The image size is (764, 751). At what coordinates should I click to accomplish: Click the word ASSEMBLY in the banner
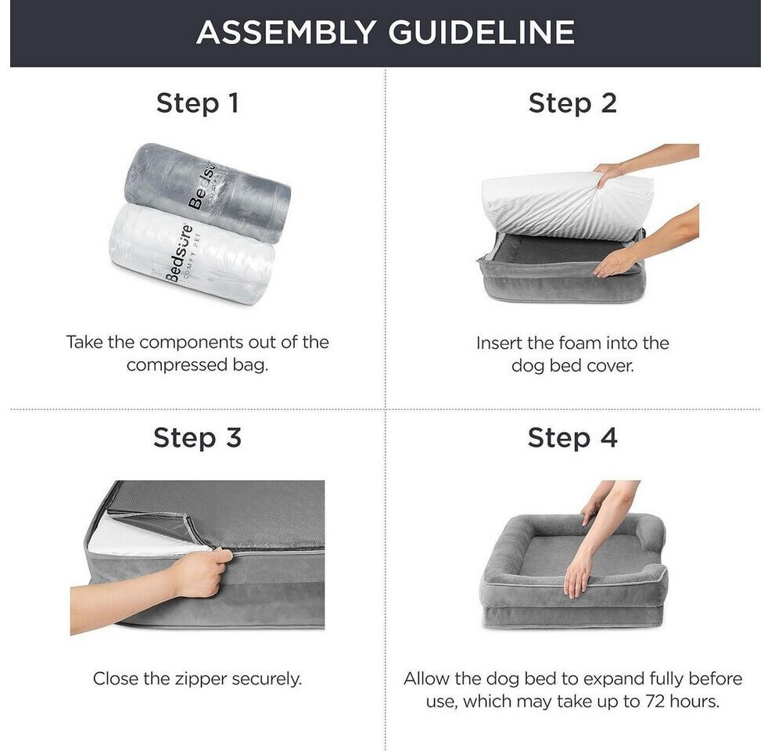point(285,33)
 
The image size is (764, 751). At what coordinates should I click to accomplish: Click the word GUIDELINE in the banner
point(482,33)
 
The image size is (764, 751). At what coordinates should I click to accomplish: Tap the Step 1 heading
point(197,104)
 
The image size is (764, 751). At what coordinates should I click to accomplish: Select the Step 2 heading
point(572,103)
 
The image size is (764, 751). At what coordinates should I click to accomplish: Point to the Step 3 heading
point(197,437)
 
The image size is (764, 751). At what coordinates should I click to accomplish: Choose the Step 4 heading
point(572,437)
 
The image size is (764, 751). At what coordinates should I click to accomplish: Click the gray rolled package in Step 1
point(208,192)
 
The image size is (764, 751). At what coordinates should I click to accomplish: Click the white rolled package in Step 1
point(192,253)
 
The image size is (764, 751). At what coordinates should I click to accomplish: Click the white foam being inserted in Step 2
point(565,205)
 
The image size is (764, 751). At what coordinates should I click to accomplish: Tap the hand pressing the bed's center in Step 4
point(579,575)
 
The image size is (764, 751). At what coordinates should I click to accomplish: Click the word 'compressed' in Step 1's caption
point(177,365)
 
